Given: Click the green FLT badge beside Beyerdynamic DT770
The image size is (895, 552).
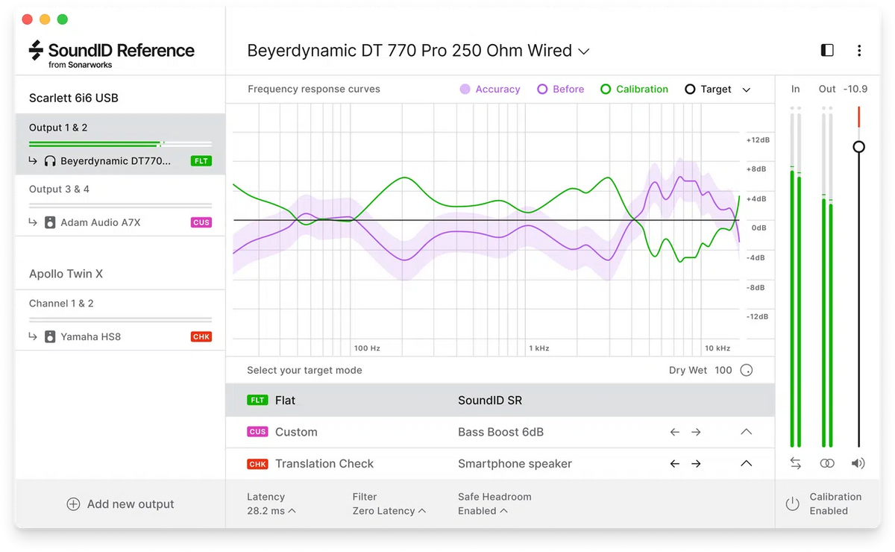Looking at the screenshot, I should [x=201, y=161].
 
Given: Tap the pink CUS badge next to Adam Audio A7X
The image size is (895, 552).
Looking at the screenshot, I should [x=201, y=222].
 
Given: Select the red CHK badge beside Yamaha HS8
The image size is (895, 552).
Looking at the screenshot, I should [x=201, y=336].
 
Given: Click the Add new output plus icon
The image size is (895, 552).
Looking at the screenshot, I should [x=73, y=504].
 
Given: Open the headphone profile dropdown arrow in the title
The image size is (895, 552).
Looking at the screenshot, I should [x=584, y=51].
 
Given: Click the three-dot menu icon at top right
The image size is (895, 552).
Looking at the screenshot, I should [x=859, y=51].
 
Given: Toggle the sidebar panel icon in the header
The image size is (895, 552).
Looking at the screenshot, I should [x=827, y=51].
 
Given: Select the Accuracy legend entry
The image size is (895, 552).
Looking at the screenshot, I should [x=489, y=90].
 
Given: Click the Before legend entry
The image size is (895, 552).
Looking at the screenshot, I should [x=560, y=90].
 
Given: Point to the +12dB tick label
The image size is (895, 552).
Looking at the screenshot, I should [x=758, y=140].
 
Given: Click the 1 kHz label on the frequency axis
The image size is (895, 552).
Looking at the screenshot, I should [x=538, y=348].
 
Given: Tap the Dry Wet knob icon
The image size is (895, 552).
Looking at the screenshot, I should [x=746, y=370].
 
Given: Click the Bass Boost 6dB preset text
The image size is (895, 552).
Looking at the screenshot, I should [x=500, y=432].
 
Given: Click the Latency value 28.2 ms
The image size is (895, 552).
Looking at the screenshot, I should [x=266, y=511].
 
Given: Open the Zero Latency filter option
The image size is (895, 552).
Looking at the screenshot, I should [x=384, y=511].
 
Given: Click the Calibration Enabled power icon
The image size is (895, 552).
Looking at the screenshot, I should [x=792, y=504].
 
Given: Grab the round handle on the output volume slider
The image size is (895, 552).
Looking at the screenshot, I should [x=859, y=147].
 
